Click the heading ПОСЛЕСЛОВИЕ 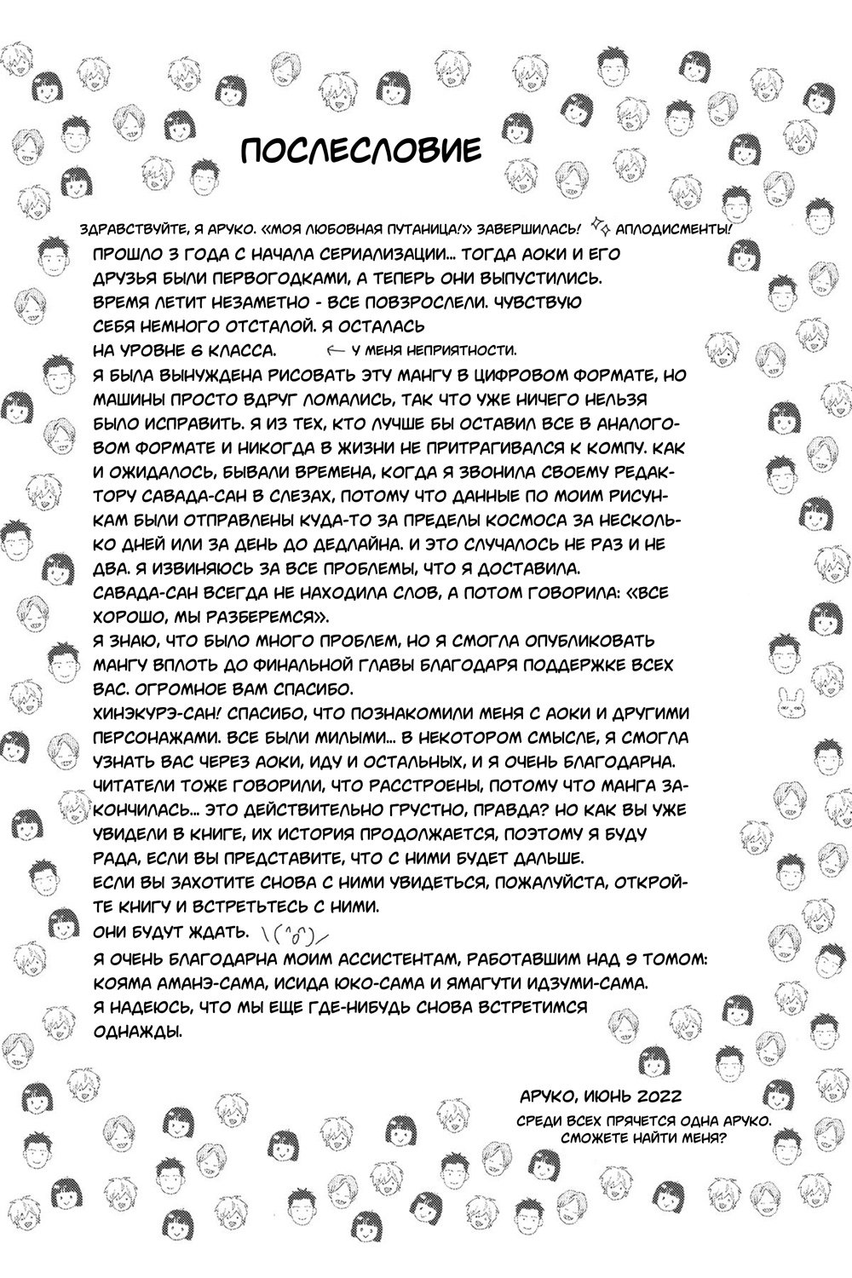(x=360, y=150)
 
